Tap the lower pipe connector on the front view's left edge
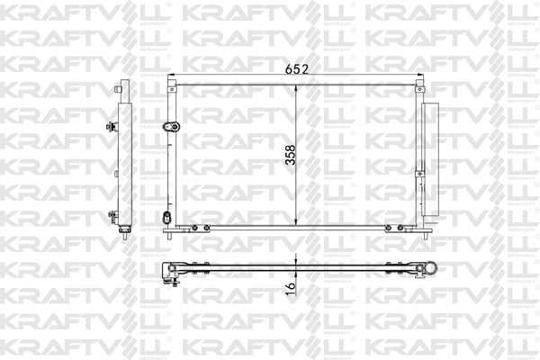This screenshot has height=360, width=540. click(x=165, y=218)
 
